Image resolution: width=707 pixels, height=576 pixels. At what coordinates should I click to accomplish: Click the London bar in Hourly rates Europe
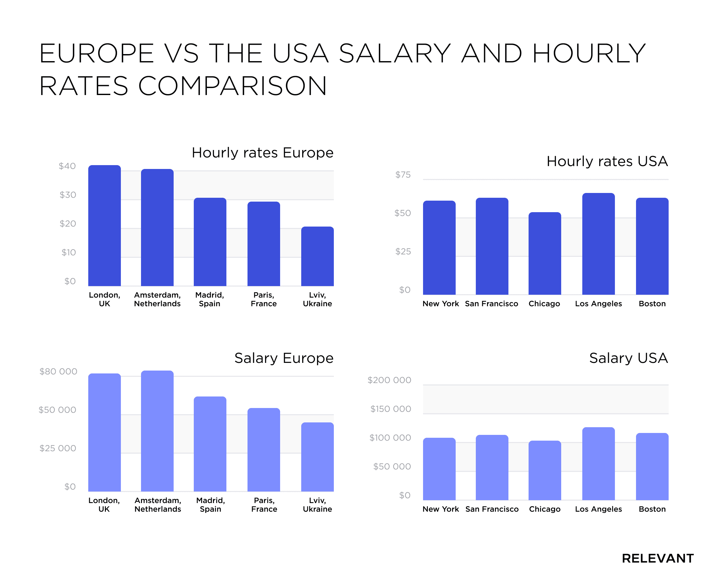click(x=105, y=226)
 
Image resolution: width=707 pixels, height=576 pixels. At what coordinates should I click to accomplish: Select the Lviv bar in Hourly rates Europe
click(x=317, y=256)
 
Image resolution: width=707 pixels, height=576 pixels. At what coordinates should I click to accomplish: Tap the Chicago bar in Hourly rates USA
click(x=545, y=253)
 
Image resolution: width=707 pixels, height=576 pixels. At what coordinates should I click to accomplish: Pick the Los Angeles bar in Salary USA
click(x=598, y=464)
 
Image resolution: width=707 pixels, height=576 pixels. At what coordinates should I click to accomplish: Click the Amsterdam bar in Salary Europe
click(x=157, y=431)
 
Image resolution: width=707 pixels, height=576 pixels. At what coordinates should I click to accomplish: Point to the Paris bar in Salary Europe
click(x=263, y=450)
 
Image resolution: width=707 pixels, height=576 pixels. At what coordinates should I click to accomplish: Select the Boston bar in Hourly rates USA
click(x=652, y=246)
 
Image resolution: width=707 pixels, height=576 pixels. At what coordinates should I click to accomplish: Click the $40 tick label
click(x=67, y=166)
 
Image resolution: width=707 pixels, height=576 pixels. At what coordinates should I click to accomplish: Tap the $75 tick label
click(x=403, y=174)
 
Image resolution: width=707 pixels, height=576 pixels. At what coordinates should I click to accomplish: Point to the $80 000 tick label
click(x=58, y=371)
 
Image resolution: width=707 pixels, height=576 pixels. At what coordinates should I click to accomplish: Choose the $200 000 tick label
click(x=389, y=380)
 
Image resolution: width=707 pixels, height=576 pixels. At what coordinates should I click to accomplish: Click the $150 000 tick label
click(x=390, y=409)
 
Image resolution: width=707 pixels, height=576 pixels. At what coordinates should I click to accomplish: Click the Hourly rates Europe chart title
click(x=262, y=153)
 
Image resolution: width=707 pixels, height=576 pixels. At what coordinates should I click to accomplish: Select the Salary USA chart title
click(x=628, y=358)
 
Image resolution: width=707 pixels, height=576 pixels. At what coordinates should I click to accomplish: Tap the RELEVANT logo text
click(x=658, y=558)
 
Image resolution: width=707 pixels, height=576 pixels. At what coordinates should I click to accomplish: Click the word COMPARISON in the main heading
click(x=232, y=86)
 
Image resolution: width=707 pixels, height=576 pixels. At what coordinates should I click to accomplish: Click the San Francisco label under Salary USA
click(x=492, y=509)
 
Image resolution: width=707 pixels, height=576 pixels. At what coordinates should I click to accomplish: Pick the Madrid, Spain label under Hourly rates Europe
click(x=209, y=299)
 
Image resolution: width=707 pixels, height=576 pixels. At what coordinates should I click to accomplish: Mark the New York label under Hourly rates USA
click(x=441, y=304)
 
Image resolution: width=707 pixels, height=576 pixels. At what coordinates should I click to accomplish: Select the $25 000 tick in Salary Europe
click(x=58, y=448)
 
